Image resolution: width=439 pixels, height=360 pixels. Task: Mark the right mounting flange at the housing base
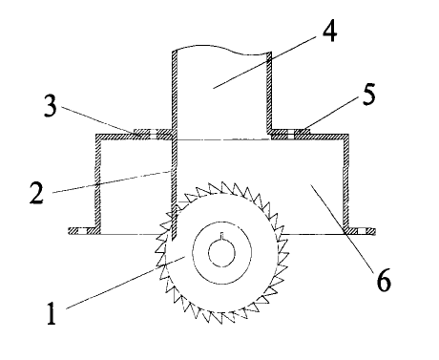coord(362,230)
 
